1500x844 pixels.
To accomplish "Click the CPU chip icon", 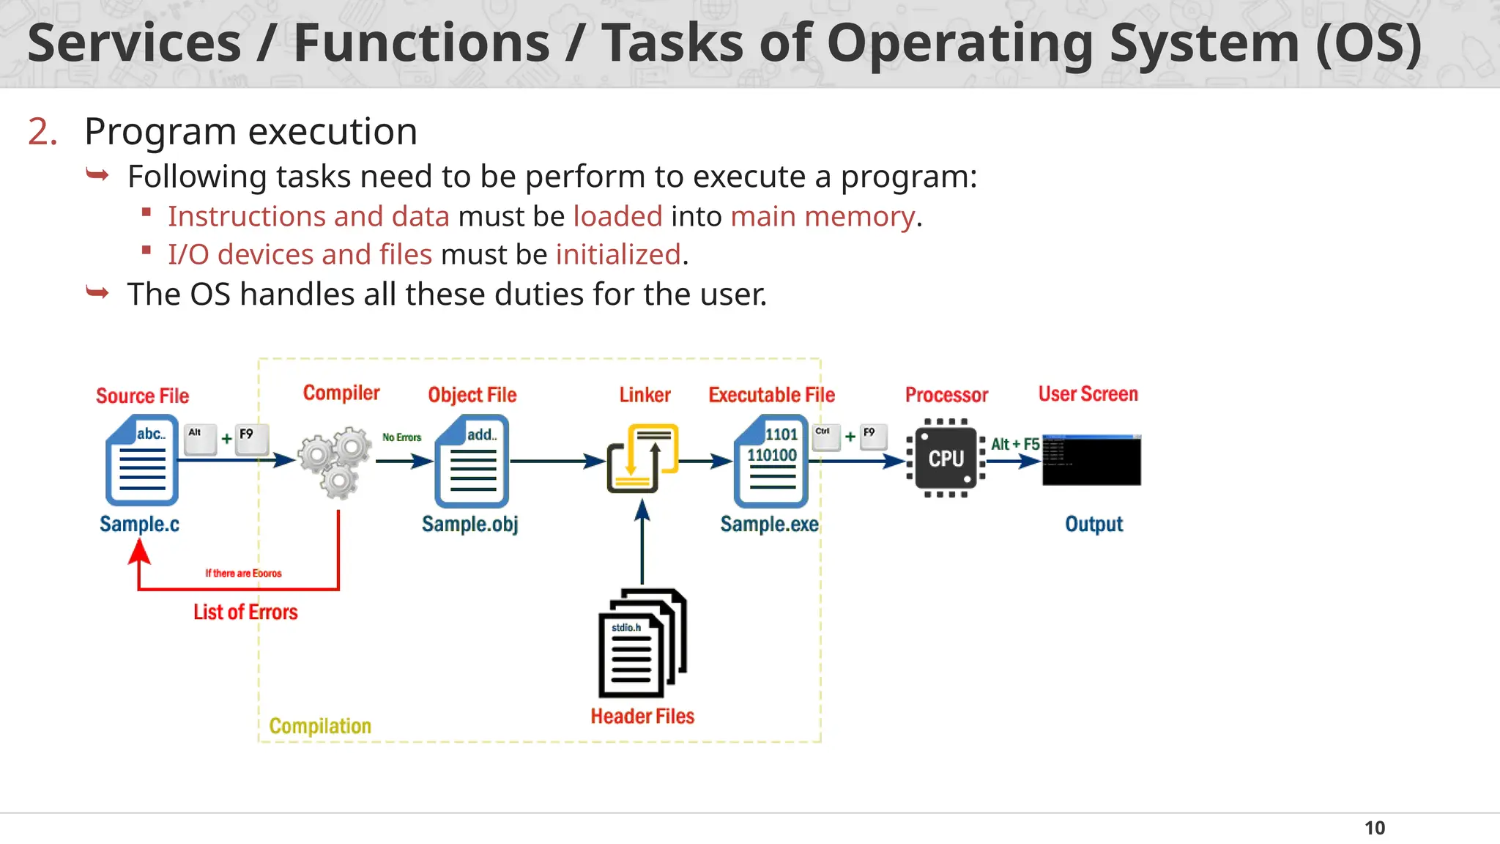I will (x=946, y=459).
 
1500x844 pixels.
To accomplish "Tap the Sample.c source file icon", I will (x=142, y=460).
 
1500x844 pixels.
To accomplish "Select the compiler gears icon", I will (x=335, y=462).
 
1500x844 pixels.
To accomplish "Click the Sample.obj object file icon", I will (x=472, y=461).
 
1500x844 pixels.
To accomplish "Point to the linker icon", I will (x=642, y=459).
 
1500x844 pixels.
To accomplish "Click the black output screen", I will (x=1091, y=460).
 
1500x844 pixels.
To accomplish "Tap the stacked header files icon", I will (x=642, y=643).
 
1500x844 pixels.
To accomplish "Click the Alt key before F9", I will (x=200, y=439).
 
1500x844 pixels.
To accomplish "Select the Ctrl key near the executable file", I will (x=825, y=437).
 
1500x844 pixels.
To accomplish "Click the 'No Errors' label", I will (x=401, y=437).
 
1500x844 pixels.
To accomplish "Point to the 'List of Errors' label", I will (x=245, y=612).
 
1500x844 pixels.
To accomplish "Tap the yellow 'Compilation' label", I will (x=320, y=726).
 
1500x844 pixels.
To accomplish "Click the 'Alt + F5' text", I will (x=1014, y=444).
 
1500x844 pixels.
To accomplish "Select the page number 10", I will (x=1374, y=828).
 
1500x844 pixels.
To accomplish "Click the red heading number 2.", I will (x=42, y=132).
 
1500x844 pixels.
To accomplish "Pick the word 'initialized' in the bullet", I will (x=618, y=255).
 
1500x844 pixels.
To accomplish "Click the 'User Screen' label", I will (x=1088, y=394).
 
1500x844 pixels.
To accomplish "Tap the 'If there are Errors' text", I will (x=243, y=574).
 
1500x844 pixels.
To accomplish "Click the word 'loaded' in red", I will (x=617, y=217).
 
